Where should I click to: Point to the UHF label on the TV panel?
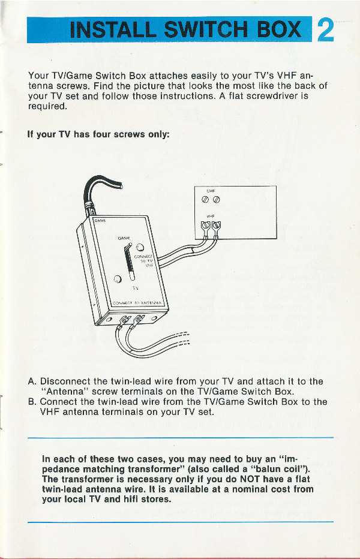click(211, 191)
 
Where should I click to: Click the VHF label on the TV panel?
click(211, 217)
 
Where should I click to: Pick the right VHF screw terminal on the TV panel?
click(216, 227)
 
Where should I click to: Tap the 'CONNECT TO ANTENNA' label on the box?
click(139, 303)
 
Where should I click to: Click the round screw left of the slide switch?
click(118, 278)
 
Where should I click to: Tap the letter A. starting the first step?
click(32, 381)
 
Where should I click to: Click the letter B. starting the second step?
click(32, 402)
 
